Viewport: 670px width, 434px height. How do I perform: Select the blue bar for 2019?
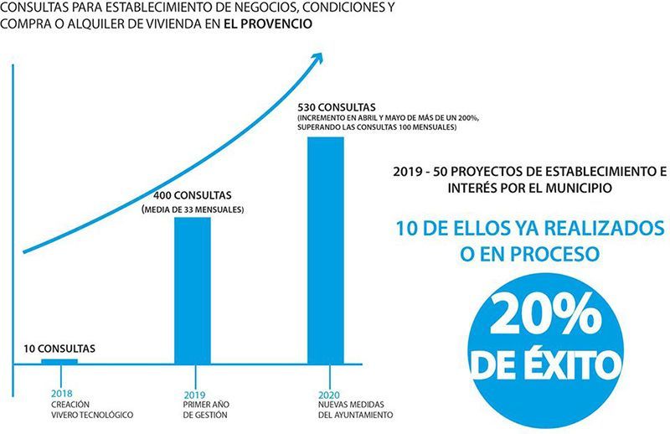point(192,290)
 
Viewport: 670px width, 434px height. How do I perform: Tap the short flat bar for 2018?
point(59,361)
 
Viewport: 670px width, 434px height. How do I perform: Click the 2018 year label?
point(61,394)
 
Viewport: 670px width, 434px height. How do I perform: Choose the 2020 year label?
point(328,394)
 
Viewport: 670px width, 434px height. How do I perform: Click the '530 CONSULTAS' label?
point(338,106)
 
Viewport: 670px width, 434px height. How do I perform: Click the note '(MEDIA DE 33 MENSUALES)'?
point(193,208)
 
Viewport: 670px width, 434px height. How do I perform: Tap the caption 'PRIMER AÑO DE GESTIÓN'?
point(206,410)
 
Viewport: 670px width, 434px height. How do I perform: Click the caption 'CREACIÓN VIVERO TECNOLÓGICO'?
point(91,410)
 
